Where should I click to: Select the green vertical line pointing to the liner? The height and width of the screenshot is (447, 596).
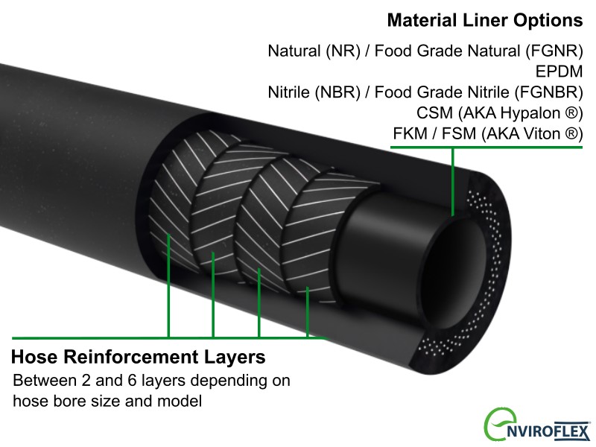coord(452,179)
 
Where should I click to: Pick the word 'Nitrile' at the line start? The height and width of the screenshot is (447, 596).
coord(291,93)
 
